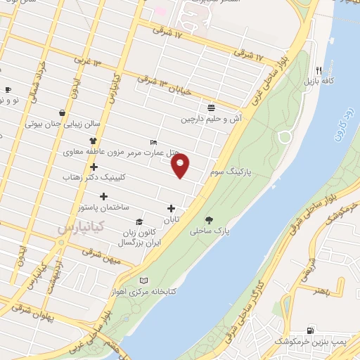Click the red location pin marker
pyautogui.click(x=181, y=166)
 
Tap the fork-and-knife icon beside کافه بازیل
pyautogui.click(x=319, y=70)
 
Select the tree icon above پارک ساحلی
pyautogui.click(x=209, y=219)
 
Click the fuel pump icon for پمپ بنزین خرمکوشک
pyautogui.click(x=311, y=330)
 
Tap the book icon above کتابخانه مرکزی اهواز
pyautogui.click(x=144, y=279)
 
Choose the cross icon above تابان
pyautogui.click(x=171, y=208)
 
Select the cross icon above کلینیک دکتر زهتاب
pyautogui.click(x=94, y=167)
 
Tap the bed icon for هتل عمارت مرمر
pyautogui.click(x=154, y=141)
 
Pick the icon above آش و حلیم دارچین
pyautogui.click(x=211, y=108)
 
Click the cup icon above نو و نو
pyautogui.click(x=8, y=89)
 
